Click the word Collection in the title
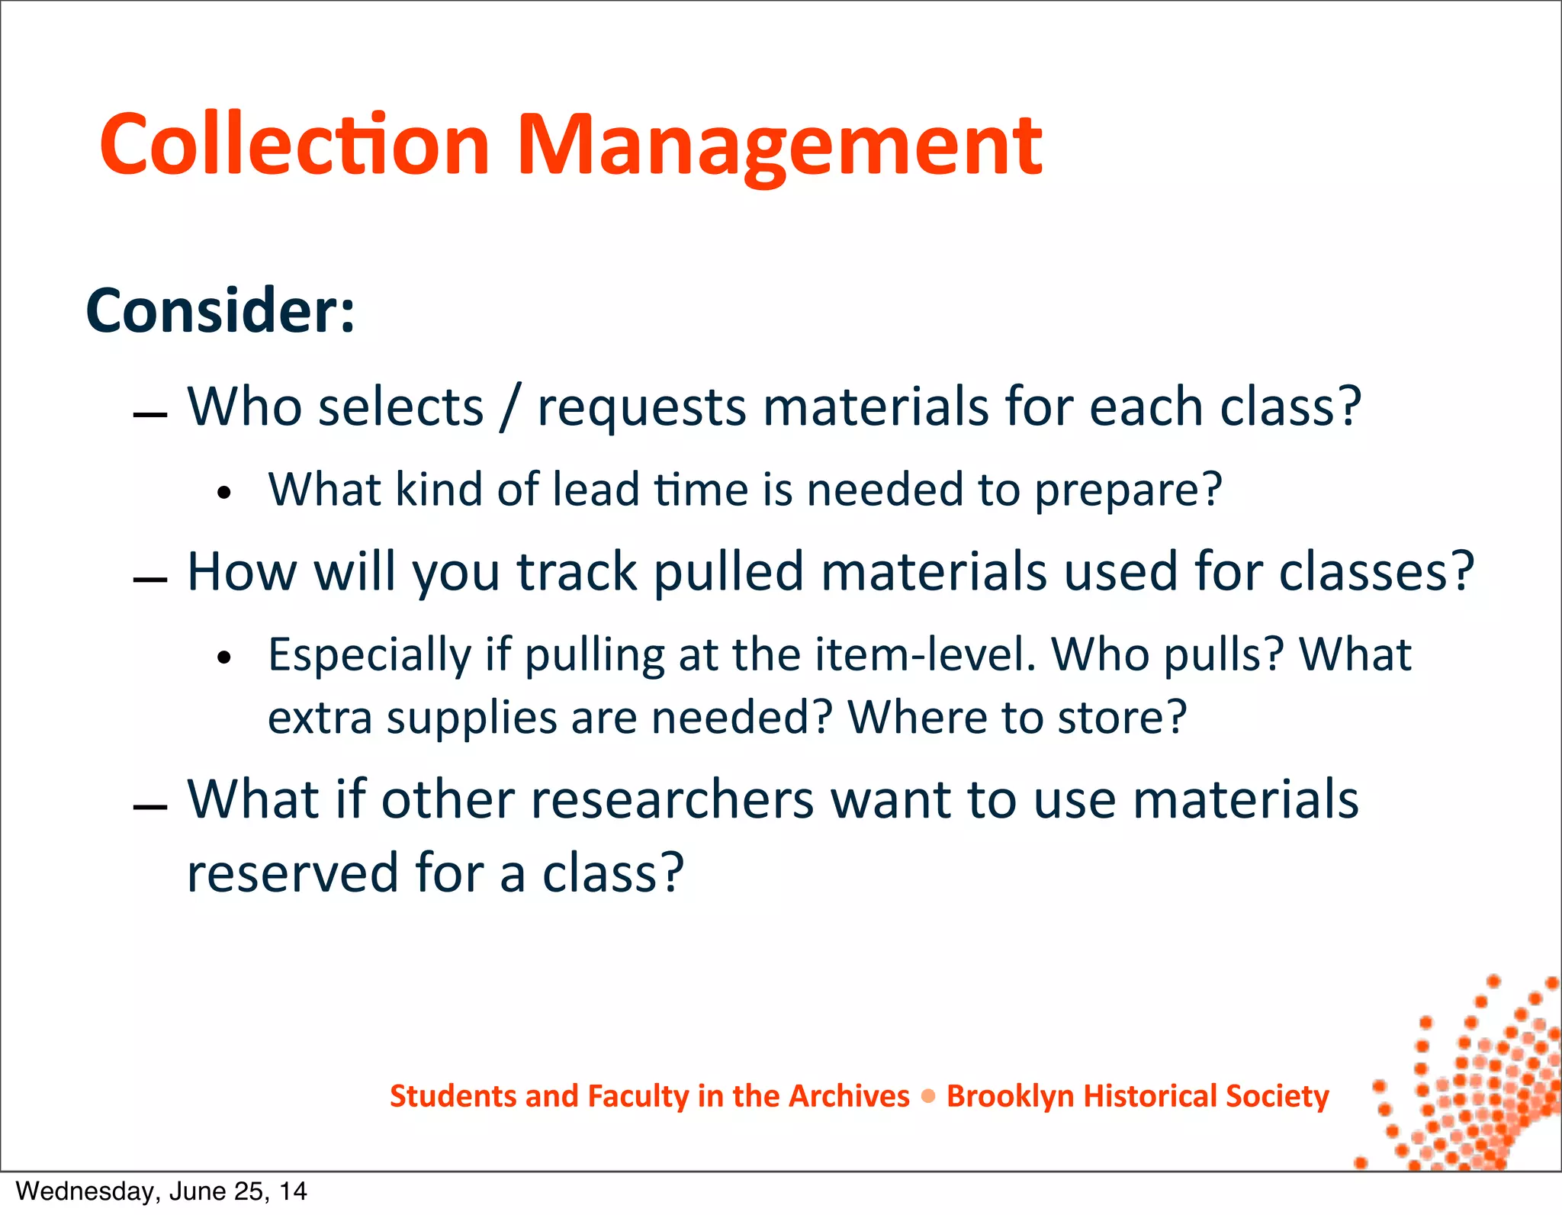294,145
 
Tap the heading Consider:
220,310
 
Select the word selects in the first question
401,407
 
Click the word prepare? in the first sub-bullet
1128,490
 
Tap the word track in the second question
577,571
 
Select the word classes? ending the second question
1377,571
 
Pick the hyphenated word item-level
925,654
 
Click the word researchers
672,800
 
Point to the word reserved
293,873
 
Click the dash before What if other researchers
149,808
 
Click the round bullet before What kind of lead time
223,493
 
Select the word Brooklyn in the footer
1006,1096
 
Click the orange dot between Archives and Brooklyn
927,1097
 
